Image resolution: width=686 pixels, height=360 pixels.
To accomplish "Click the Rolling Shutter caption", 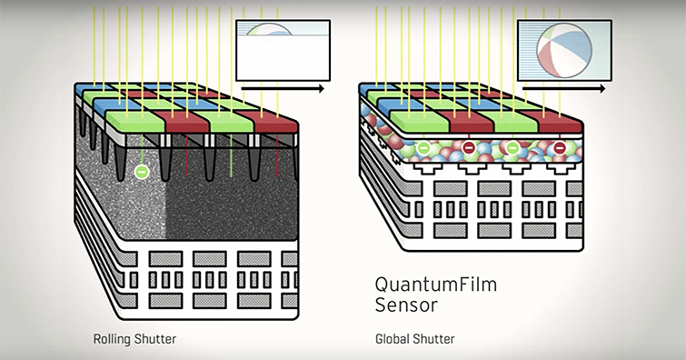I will (x=135, y=339).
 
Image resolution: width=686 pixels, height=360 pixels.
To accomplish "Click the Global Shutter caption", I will (x=415, y=339).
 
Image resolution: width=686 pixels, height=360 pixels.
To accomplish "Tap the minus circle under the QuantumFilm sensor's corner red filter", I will (x=561, y=146).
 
